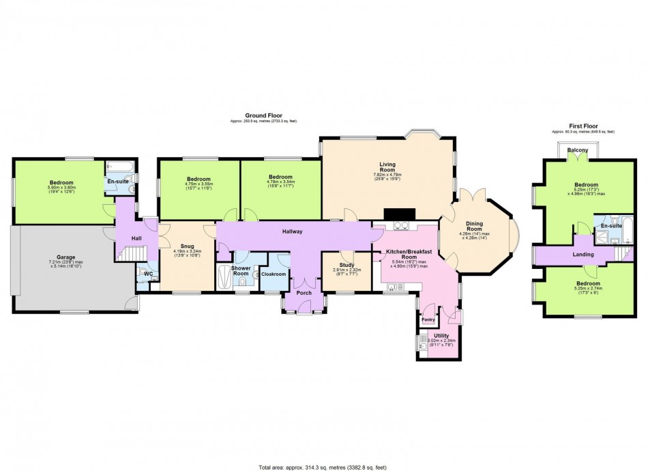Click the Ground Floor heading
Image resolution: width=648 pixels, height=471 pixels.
(263, 116)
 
